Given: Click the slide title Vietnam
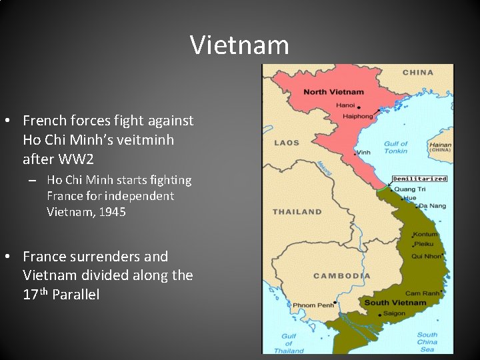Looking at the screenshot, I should [x=239, y=45].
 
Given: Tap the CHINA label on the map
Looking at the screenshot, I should [x=417, y=72].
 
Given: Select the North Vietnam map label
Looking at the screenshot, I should [x=334, y=91].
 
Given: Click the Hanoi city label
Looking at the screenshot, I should [x=345, y=105].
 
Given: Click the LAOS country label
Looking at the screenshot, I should [x=287, y=143].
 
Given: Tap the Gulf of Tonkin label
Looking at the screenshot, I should [x=395, y=147].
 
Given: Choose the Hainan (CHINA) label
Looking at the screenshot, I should [x=440, y=147].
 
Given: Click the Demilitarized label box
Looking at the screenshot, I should [x=419, y=179].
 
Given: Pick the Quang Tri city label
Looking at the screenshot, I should [x=409, y=189].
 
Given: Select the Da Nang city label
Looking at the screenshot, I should [x=433, y=206].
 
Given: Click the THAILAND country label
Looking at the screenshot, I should [x=297, y=212].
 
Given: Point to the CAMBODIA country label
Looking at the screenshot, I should [x=341, y=276].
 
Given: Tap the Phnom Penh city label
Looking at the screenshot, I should [x=313, y=305].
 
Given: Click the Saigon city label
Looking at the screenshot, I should [x=394, y=313].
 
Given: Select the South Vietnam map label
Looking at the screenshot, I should [x=395, y=303].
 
